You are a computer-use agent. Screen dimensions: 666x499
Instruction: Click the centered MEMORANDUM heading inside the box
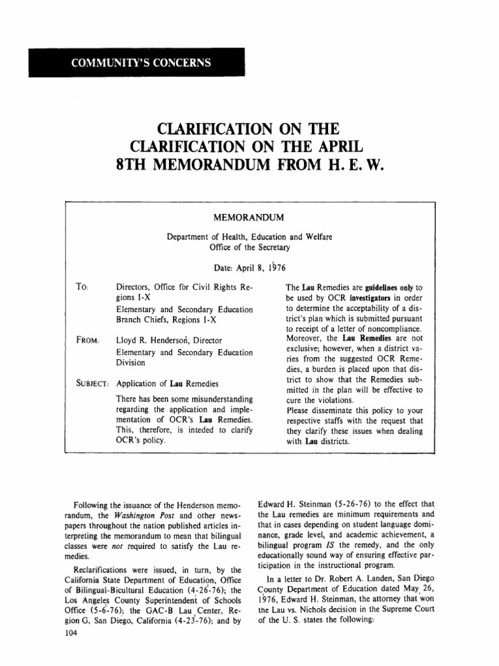[x=249, y=214]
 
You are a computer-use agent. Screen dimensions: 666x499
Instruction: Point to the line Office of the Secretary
[x=249, y=248]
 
